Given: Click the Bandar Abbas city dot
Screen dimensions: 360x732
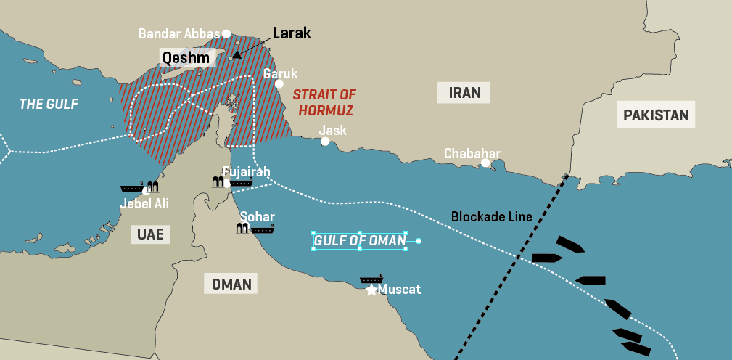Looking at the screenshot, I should coord(226,33).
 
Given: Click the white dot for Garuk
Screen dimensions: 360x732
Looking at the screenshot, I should coord(279,83).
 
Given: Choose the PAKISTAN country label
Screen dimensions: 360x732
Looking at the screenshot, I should coord(655,115).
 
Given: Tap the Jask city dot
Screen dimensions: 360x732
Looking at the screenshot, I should coord(325,142).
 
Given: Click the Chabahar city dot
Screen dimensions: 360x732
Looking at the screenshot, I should coord(485,163).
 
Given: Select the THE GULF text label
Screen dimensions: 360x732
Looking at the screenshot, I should coord(48,104).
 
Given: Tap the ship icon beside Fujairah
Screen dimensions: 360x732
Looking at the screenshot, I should coord(242,183).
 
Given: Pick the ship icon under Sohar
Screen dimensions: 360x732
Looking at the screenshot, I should coord(263,229).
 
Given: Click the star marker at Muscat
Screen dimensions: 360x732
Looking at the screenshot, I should coord(371,290).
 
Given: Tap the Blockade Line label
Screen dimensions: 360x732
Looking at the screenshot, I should coord(491,216).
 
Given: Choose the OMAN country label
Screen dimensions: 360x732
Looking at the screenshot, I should coord(231,284).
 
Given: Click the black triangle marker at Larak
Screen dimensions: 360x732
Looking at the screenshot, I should coord(237,54).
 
